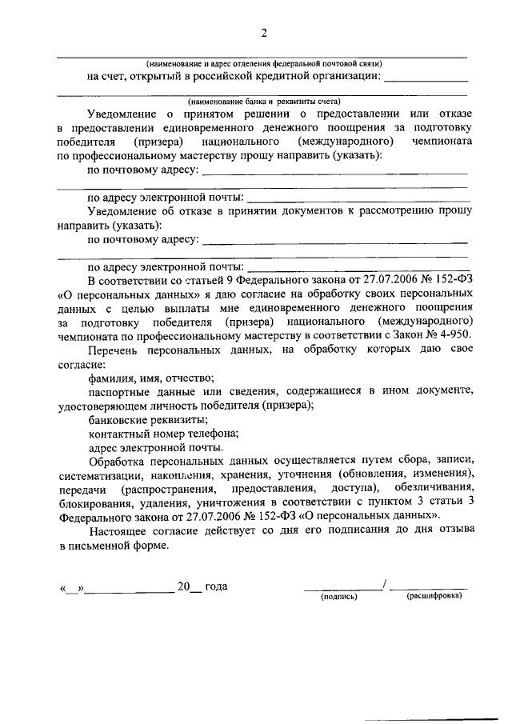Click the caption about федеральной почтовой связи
coord(264,62)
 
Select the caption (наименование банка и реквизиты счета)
coord(264,102)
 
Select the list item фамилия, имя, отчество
coord(150,378)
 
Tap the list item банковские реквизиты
coord(142,419)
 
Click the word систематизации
coord(98,474)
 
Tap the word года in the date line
coord(216,586)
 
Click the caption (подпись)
coord(338,597)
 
